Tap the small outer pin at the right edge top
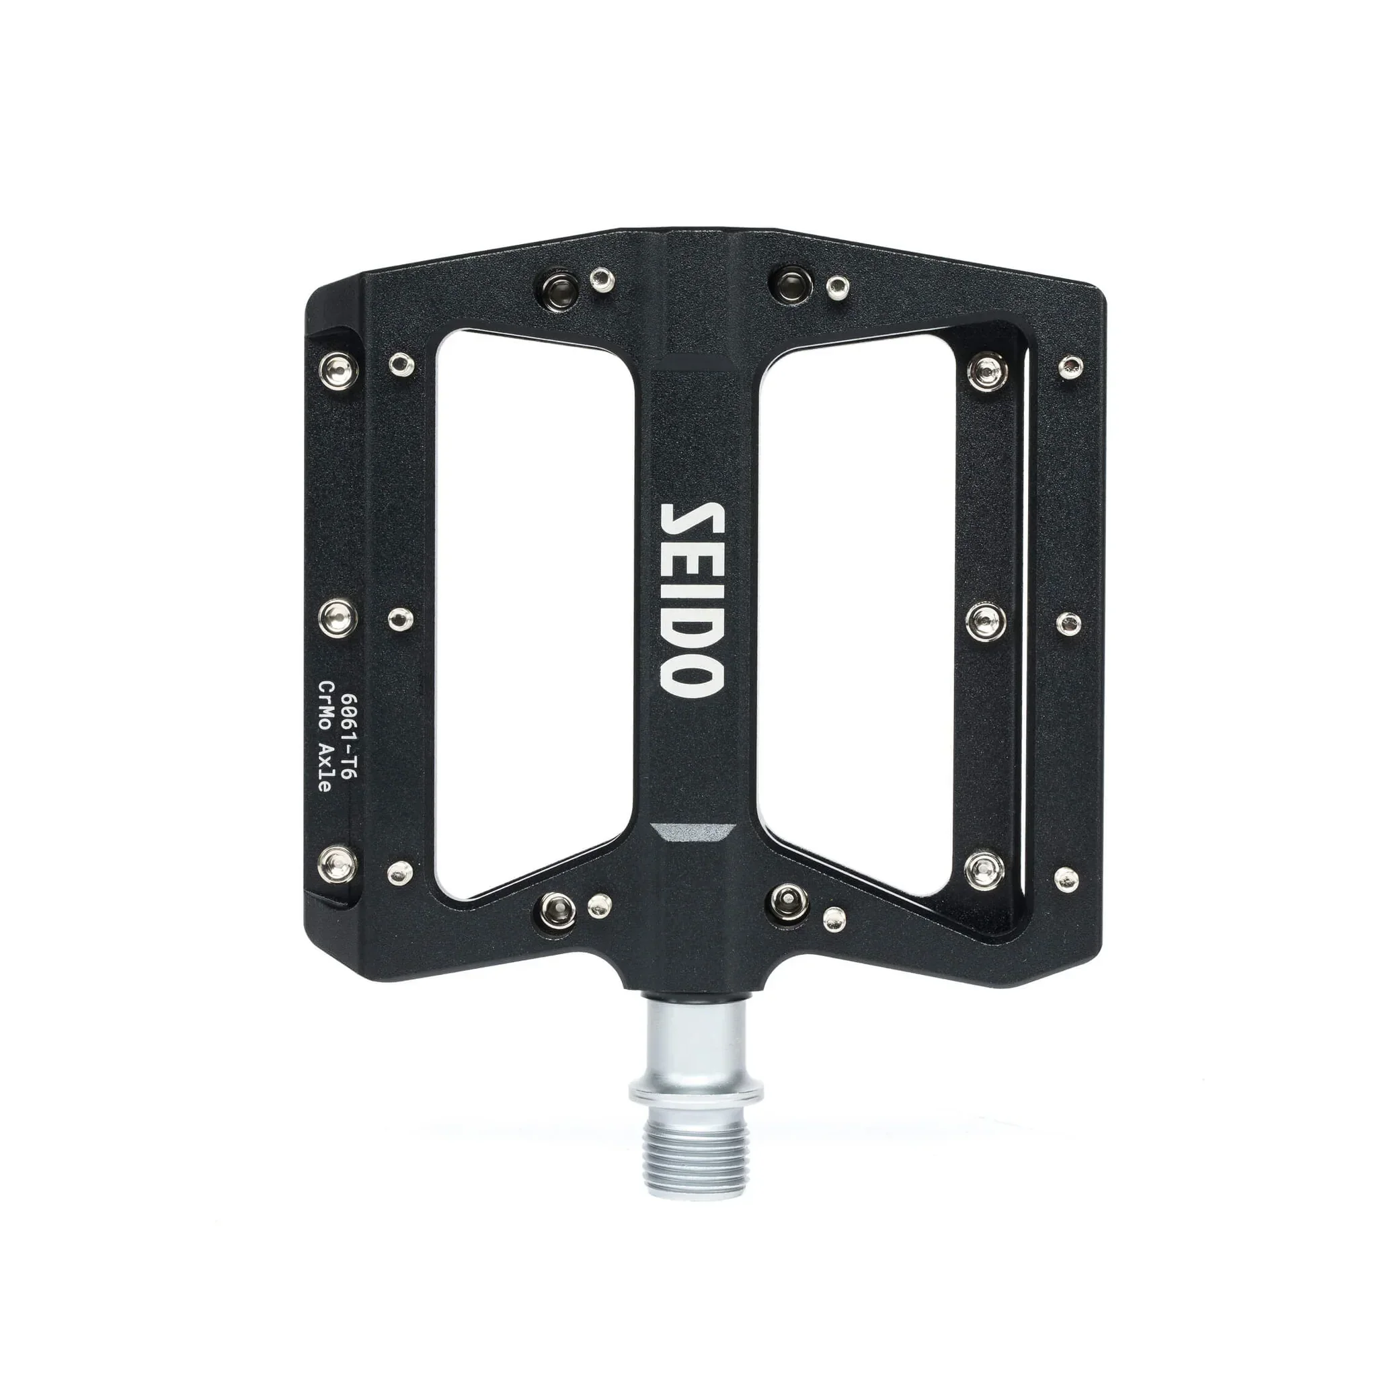(x=1069, y=368)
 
